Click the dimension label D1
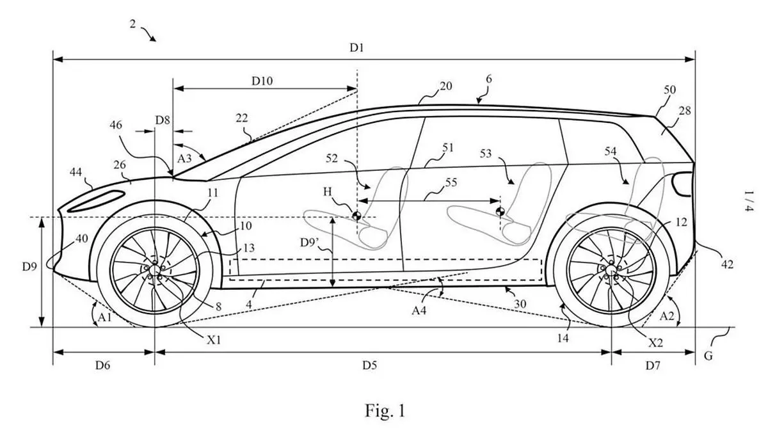(x=357, y=48)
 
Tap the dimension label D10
(x=262, y=81)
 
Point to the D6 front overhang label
(x=103, y=365)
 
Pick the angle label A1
(x=101, y=316)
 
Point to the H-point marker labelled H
(x=356, y=216)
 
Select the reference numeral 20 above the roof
(x=445, y=86)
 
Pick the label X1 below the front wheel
(x=214, y=340)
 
